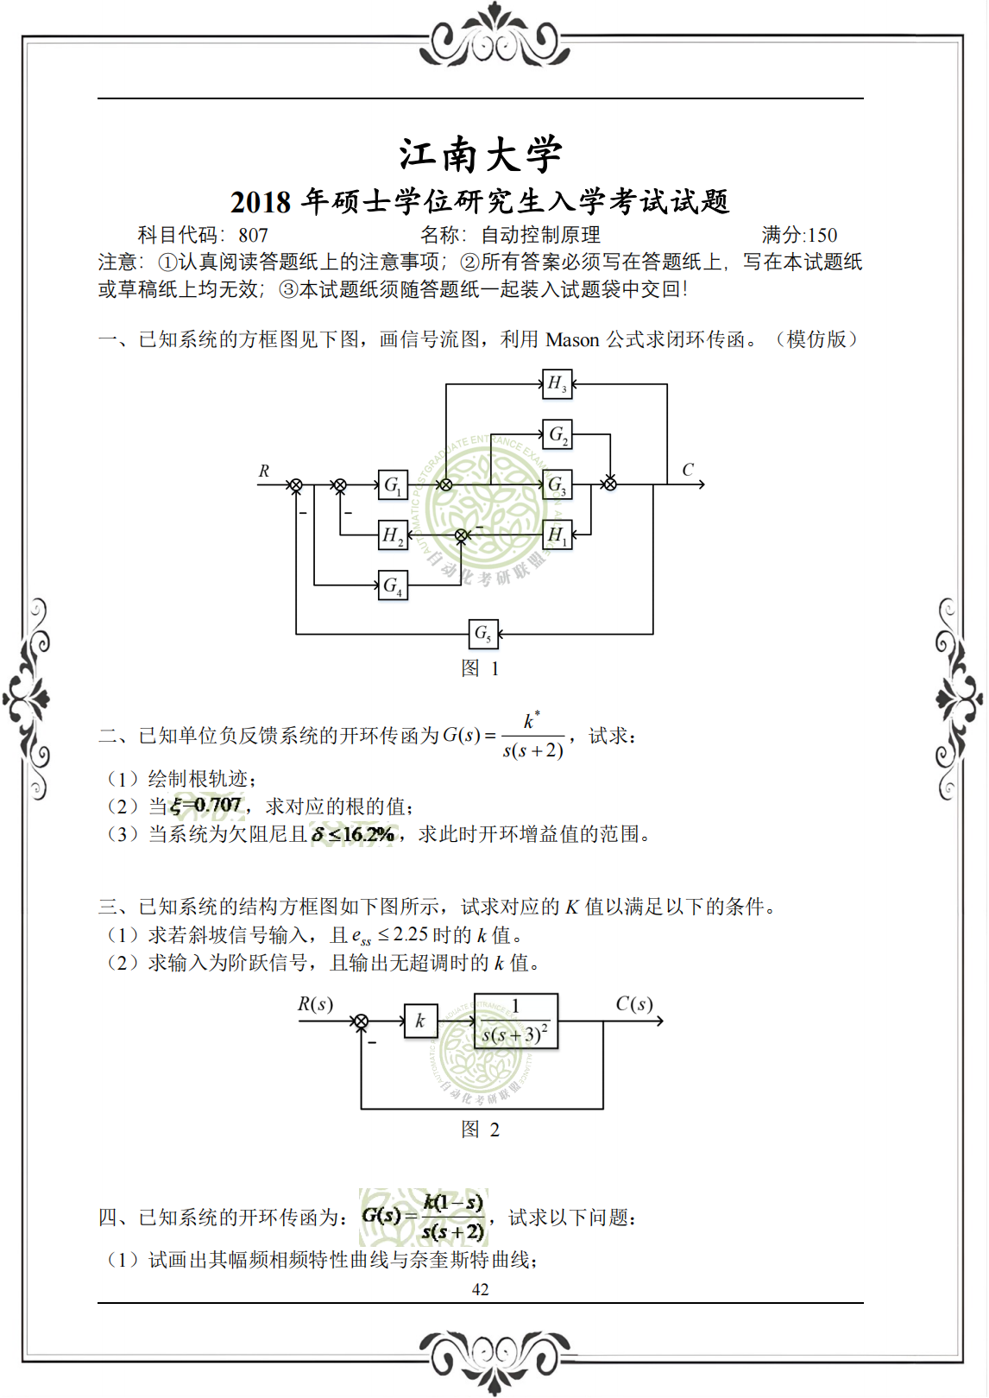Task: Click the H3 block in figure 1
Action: [x=557, y=383]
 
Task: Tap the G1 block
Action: [x=393, y=485]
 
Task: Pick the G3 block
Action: [x=557, y=485]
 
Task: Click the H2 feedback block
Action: [x=393, y=536]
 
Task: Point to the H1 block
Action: [x=557, y=535]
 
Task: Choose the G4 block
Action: [x=393, y=585]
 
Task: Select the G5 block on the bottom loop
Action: [x=482, y=634]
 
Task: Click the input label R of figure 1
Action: [x=264, y=471]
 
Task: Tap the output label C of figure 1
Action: [x=688, y=470]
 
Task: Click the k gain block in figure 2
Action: [x=420, y=1021]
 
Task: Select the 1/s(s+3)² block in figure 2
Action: [x=515, y=1021]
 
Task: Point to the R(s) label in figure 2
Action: [x=315, y=1004]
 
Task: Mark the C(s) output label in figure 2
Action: [x=634, y=1003]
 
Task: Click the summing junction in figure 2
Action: [x=362, y=1022]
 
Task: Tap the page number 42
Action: [x=481, y=1289]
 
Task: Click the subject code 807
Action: [x=254, y=235]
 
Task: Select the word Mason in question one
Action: [x=573, y=339]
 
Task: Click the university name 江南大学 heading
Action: [x=481, y=155]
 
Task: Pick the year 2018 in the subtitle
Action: [x=261, y=202]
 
